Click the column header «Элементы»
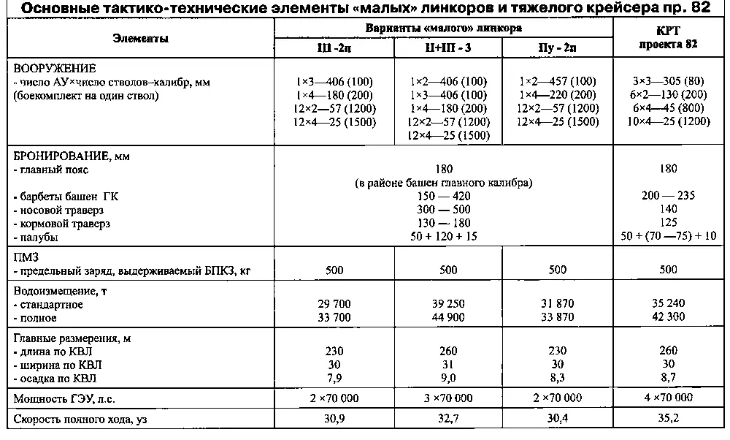[x=141, y=38]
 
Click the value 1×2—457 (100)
[x=558, y=81]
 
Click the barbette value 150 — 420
[x=443, y=196]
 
